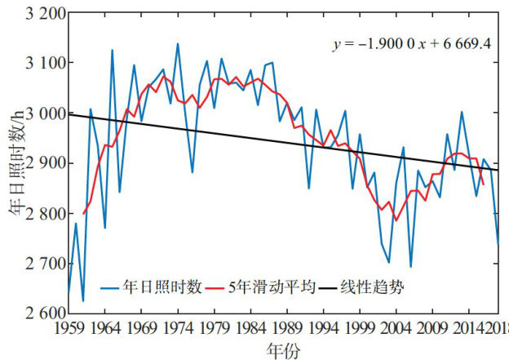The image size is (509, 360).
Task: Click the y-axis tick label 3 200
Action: pos(44,13)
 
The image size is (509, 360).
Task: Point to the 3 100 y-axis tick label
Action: pos(44,63)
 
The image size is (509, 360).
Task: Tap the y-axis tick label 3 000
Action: pos(44,113)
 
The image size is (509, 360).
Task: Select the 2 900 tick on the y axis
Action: pos(44,163)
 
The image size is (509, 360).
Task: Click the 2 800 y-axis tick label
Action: pos(44,213)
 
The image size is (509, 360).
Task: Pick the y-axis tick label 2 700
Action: pos(44,263)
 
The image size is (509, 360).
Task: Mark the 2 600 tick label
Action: pos(44,313)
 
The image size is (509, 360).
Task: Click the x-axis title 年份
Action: pos(283,349)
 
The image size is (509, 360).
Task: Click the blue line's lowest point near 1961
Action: pos(83,301)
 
